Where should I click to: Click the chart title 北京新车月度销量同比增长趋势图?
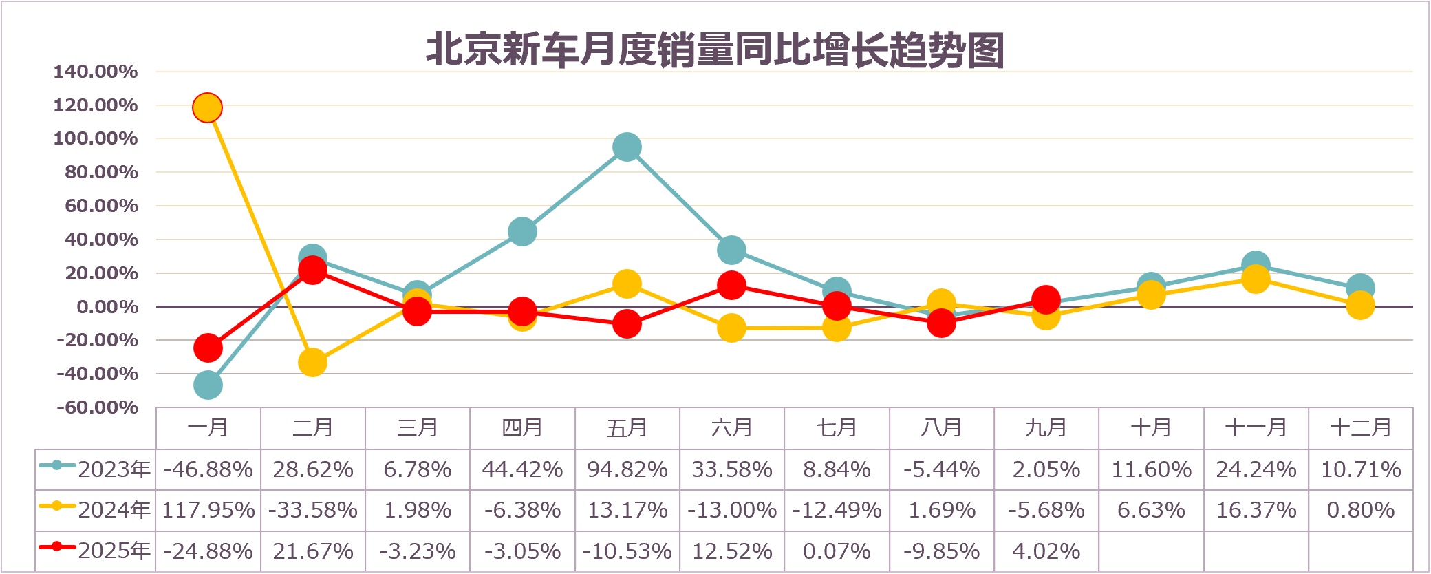point(715,50)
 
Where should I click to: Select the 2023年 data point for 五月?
point(627,147)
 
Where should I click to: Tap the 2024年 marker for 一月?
point(207,108)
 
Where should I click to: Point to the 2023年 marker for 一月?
point(208,385)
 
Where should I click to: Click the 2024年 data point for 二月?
point(312,363)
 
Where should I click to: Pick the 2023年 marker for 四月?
point(522,232)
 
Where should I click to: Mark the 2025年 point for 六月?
point(731,286)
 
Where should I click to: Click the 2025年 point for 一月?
point(208,348)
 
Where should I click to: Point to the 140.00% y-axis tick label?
point(96,72)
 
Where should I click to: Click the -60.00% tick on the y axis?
point(97,407)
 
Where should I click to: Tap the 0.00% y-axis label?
point(107,307)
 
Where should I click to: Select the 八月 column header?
point(941,428)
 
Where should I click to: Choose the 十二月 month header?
point(1360,428)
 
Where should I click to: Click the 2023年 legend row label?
point(96,469)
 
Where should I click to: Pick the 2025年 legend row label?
point(96,551)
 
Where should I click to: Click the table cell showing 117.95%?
point(208,510)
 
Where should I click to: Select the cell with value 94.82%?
point(627,469)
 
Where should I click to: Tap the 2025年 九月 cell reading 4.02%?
point(1046,551)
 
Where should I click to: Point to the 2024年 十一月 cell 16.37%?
point(1256,510)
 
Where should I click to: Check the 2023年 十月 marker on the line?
point(1151,286)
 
